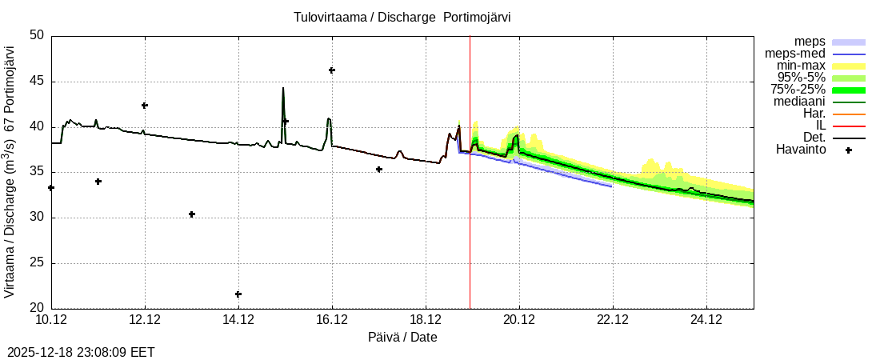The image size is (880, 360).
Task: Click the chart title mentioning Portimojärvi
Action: (402, 17)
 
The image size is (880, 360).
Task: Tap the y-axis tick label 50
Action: (37, 36)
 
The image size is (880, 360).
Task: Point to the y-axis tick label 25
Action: (37, 263)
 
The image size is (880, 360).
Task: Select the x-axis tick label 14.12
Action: (238, 320)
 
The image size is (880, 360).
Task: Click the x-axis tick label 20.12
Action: (519, 320)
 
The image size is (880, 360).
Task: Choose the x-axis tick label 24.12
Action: (706, 320)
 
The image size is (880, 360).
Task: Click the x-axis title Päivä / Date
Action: (402, 338)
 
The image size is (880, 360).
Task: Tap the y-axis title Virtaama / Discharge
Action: (10, 172)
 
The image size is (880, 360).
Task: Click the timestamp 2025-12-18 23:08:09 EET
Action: (81, 352)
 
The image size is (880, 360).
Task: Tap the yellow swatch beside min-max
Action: (849, 66)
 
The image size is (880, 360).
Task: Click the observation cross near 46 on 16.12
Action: (332, 70)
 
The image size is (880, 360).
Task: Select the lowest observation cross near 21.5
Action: (238, 294)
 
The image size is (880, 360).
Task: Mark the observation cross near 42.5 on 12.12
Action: (145, 106)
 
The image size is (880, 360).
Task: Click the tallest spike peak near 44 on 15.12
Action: (283, 88)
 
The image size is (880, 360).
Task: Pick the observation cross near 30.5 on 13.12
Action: (192, 214)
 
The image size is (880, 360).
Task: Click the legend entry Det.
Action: (814, 137)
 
